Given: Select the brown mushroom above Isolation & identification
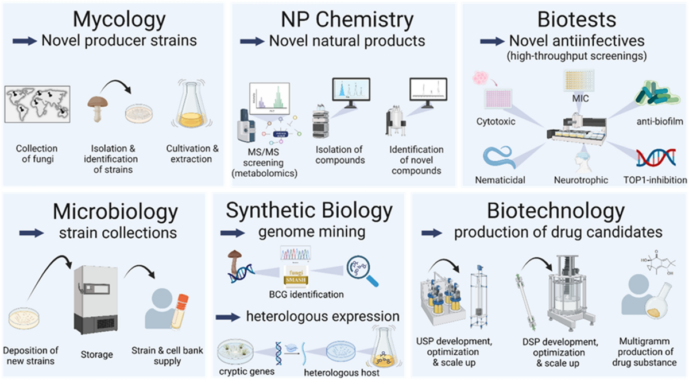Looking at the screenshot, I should tap(99, 107).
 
